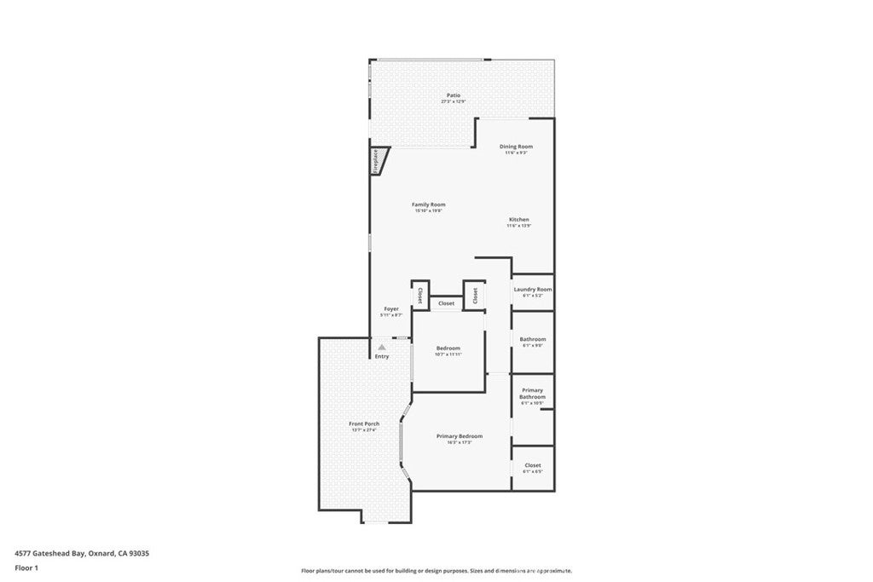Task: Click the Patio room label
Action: (454, 95)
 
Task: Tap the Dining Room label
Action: (516, 147)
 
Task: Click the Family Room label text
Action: (429, 205)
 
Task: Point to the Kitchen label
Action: (519, 220)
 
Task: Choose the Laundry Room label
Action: (533, 290)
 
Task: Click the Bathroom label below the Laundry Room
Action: (533, 339)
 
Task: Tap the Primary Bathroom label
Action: (533, 394)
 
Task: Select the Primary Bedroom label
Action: (460, 436)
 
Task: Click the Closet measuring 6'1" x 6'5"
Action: (533, 465)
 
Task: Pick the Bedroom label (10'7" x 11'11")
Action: (448, 348)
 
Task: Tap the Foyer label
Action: (391, 308)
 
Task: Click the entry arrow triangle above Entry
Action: (383, 347)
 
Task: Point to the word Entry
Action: (382, 356)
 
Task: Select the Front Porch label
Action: (364, 424)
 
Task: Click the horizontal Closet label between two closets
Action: (447, 303)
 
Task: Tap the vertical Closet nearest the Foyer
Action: (420, 295)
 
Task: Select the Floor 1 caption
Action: (27, 567)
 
